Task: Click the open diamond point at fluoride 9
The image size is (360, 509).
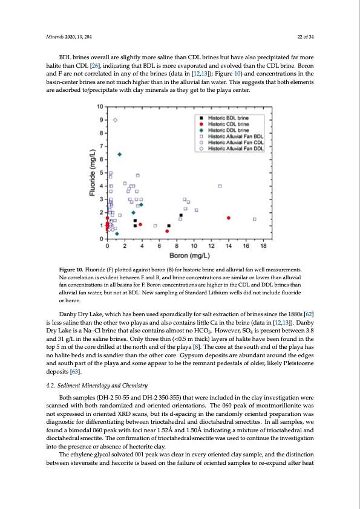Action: click(116, 120)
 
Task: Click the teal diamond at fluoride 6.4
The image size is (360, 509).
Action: click(120, 154)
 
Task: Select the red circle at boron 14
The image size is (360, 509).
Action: click(229, 218)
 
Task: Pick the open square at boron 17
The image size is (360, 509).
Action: click(254, 219)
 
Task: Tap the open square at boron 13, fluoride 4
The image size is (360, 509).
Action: click(220, 186)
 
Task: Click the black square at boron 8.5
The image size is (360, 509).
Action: click(181, 215)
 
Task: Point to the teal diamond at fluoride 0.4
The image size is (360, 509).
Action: click(117, 233)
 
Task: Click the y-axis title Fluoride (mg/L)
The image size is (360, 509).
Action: click(91, 172)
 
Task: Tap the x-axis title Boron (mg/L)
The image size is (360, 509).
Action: click(185, 256)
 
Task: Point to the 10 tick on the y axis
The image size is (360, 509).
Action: click(99, 107)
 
